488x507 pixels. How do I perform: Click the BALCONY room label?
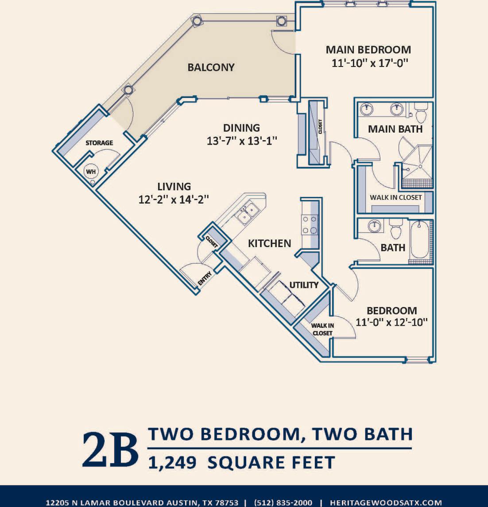(211, 67)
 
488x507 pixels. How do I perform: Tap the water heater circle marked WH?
(90, 172)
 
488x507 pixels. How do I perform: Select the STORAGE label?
(99, 143)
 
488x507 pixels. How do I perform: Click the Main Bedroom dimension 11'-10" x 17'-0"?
(369, 63)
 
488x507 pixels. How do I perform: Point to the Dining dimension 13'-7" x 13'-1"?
(242, 141)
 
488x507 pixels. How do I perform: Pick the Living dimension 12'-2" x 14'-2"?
(174, 200)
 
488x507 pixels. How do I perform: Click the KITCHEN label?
(269, 243)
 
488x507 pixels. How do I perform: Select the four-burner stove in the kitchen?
(309, 224)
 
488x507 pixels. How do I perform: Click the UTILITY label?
(304, 285)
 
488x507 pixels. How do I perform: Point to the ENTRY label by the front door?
(205, 279)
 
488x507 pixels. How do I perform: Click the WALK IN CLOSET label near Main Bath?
(395, 197)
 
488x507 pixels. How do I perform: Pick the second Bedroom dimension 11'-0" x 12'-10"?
(391, 322)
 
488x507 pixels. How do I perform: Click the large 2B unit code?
(110, 449)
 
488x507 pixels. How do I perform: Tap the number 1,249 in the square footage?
(172, 463)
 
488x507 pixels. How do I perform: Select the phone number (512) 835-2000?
(283, 503)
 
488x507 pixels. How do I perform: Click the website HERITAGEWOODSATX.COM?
(386, 503)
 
